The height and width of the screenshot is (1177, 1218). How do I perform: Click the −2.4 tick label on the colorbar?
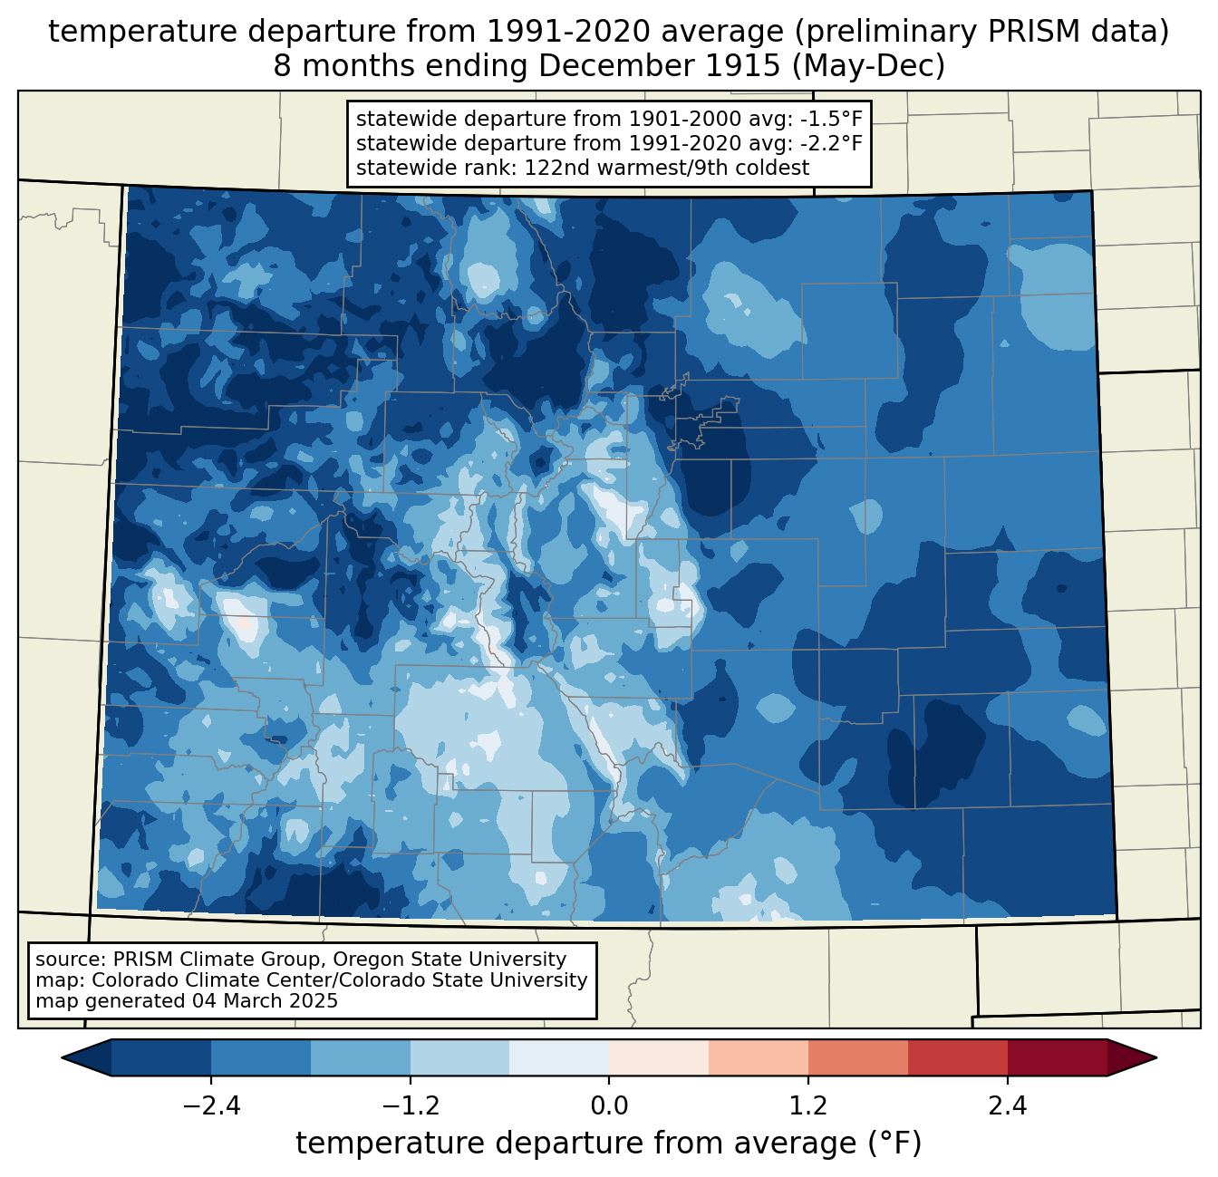point(211,1105)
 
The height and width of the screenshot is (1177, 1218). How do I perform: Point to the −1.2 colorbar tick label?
point(411,1105)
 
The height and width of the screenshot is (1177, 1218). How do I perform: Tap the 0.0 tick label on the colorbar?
point(609,1105)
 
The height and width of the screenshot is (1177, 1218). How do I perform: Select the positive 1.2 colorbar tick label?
point(808,1105)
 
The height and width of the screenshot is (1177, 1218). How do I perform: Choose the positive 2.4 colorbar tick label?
point(1008,1105)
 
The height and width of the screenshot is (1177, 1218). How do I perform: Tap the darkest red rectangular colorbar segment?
point(1058,1058)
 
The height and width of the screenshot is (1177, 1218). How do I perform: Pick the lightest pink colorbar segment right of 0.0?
point(659,1058)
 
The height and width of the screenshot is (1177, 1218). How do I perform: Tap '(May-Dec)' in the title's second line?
point(868,65)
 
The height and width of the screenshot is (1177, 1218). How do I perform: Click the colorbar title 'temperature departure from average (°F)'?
point(608,1143)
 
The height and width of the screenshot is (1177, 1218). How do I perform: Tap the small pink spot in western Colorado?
point(244,623)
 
